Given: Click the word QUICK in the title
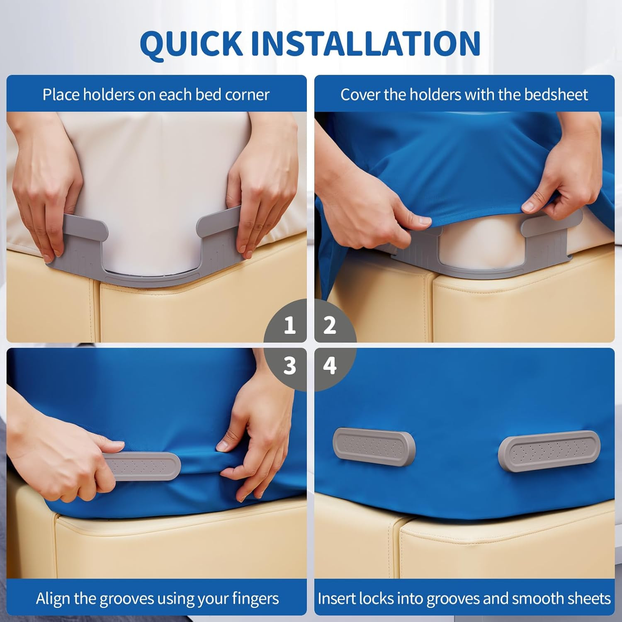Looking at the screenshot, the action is pos(191,44).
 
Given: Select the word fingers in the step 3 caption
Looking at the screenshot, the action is pos(255,599).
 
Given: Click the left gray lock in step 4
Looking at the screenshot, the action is pos(374,447).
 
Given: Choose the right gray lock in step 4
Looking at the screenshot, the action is pos(549,450).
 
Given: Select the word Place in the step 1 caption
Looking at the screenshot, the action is pos(61,95).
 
